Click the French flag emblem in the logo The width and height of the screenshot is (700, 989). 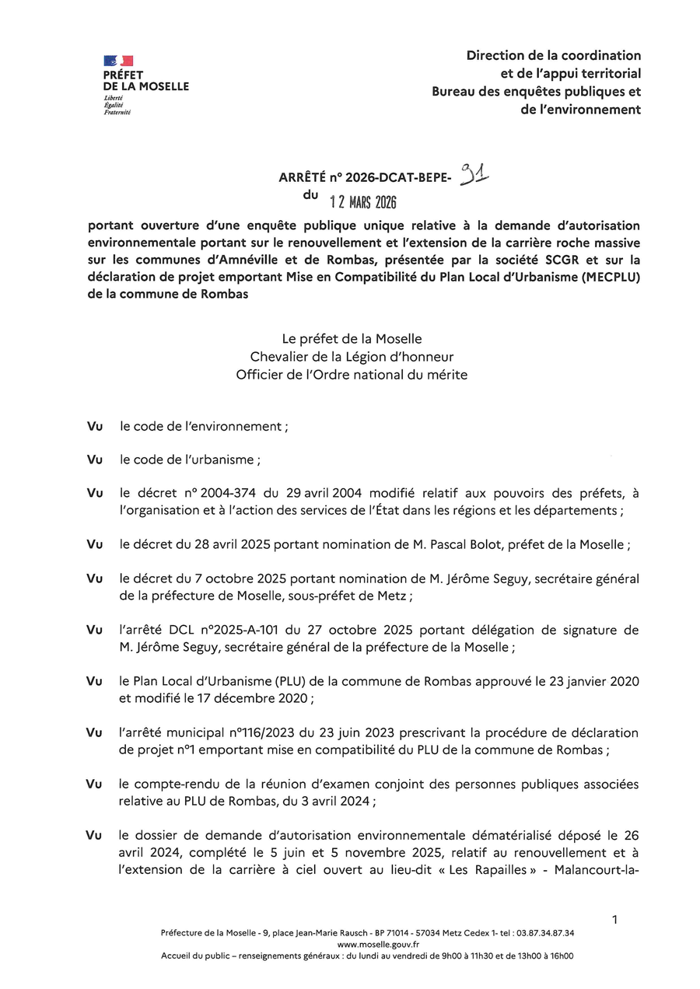(118, 61)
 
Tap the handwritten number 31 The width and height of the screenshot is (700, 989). (473, 173)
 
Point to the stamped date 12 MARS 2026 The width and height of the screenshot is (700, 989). (363, 203)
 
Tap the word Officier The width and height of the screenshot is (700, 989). (261, 374)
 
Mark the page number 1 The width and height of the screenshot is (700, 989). (614, 920)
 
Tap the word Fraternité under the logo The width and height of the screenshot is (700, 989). (117, 113)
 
